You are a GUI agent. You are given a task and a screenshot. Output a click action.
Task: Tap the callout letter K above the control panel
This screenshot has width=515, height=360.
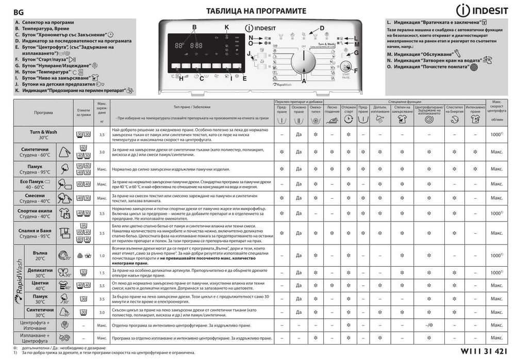(226, 26)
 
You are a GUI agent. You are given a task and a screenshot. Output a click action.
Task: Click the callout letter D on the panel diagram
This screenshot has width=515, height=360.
(322, 28)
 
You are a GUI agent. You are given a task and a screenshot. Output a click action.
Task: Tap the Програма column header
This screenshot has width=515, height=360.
(43, 112)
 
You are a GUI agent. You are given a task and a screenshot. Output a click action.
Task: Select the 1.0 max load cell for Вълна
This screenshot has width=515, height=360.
(102, 255)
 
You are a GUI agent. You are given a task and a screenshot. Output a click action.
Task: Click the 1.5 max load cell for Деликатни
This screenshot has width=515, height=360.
(102, 272)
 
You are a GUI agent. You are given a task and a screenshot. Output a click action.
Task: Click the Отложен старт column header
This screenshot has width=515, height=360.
(348, 109)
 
